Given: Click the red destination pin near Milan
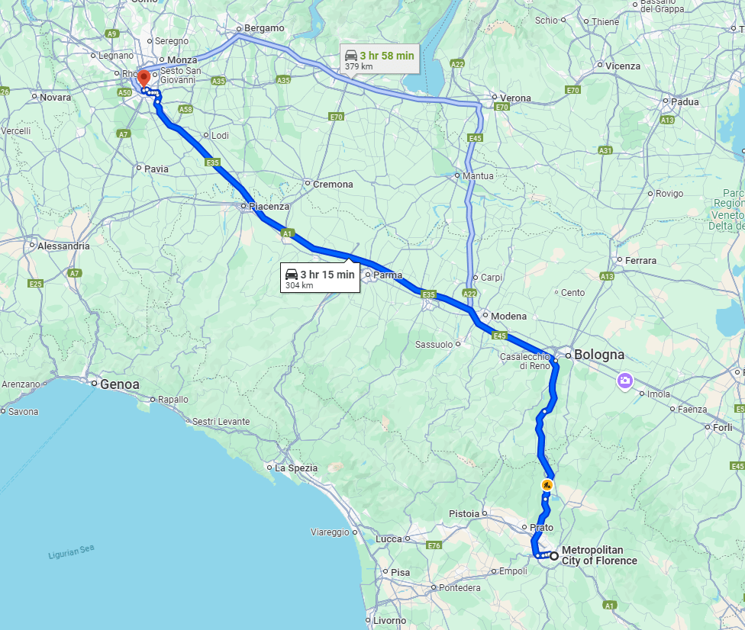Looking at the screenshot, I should [x=143, y=79].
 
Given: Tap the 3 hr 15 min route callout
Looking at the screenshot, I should [x=320, y=279].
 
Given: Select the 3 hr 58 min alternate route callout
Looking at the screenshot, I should [x=379, y=60].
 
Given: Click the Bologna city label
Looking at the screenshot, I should [x=598, y=355].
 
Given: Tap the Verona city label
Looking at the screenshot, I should [x=514, y=98].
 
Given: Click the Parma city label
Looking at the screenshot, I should [x=388, y=275].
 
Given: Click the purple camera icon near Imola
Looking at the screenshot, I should [x=625, y=380].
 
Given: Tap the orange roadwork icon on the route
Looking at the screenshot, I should [x=547, y=484].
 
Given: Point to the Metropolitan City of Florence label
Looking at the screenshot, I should [x=598, y=555].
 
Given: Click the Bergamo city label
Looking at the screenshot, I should [x=264, y=28].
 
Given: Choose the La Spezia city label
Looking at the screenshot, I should [x=295, y=468].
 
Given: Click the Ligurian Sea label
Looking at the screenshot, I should [x=69, y=552].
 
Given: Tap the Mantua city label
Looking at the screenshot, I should [x=477, y=176].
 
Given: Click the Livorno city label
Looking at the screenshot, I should [x=390, y=621].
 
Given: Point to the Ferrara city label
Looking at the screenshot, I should [x=640, y=261].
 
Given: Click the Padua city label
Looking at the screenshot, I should [x=685, y=101].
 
